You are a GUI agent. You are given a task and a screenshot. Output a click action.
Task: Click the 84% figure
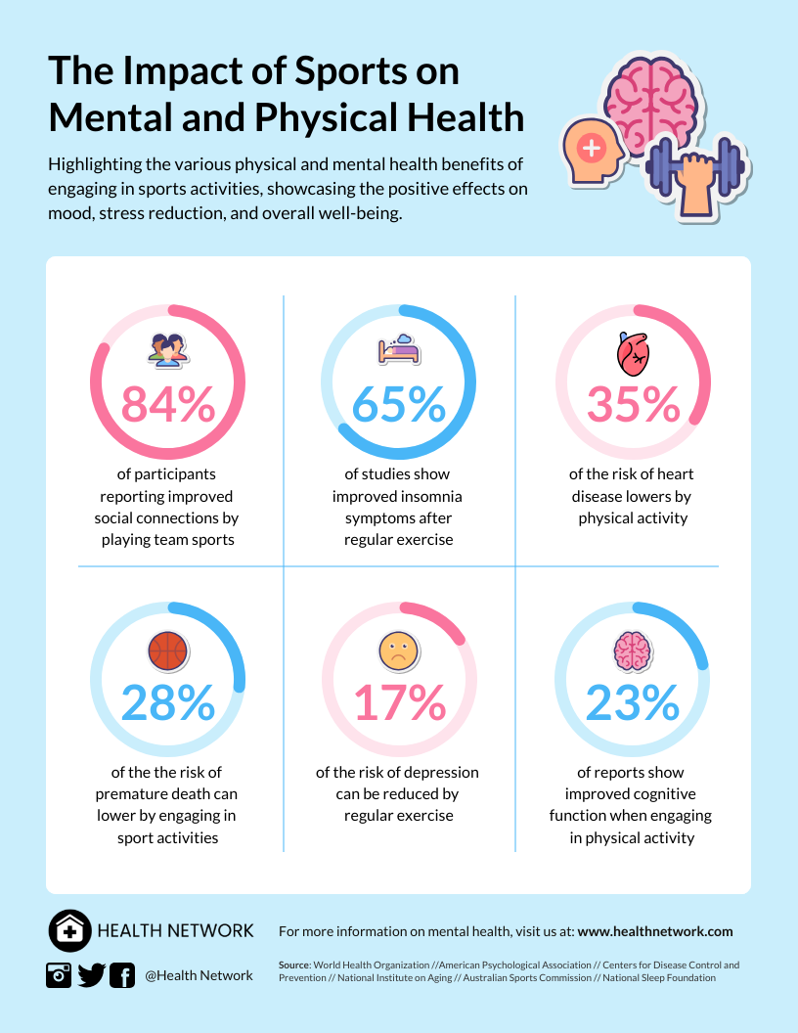[x=167, y=405]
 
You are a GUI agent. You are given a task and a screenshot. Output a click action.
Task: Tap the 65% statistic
[x=399, y=405]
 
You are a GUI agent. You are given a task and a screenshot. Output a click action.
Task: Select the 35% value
[x=633, y=405]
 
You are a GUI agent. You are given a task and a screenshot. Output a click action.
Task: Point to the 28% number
[x=167, y=702]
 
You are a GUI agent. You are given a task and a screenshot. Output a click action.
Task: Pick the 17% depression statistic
[x=399, y=702]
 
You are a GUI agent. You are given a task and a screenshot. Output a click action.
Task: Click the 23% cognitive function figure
[x=633, y=702]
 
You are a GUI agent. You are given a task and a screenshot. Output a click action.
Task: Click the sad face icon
[x=398, y=651]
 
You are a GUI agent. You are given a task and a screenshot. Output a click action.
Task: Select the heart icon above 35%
[x=632, y=354]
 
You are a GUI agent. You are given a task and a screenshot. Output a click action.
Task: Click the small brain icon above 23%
[x=632, y=650]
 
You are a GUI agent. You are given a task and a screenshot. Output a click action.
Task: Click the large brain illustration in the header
[x=650, y=97]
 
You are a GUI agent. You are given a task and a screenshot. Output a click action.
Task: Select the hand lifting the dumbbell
[x=696, y=182]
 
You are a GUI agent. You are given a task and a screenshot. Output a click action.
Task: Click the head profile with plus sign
[x=595, y=156]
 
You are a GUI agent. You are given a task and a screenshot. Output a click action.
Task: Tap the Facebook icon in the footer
[x=122, y=975]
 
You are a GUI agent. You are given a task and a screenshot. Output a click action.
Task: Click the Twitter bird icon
[x=91, y=975]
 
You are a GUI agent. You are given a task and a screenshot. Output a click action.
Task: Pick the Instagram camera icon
[x=59, y=975]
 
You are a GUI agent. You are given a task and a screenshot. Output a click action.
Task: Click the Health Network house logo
[x=68, y=930]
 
